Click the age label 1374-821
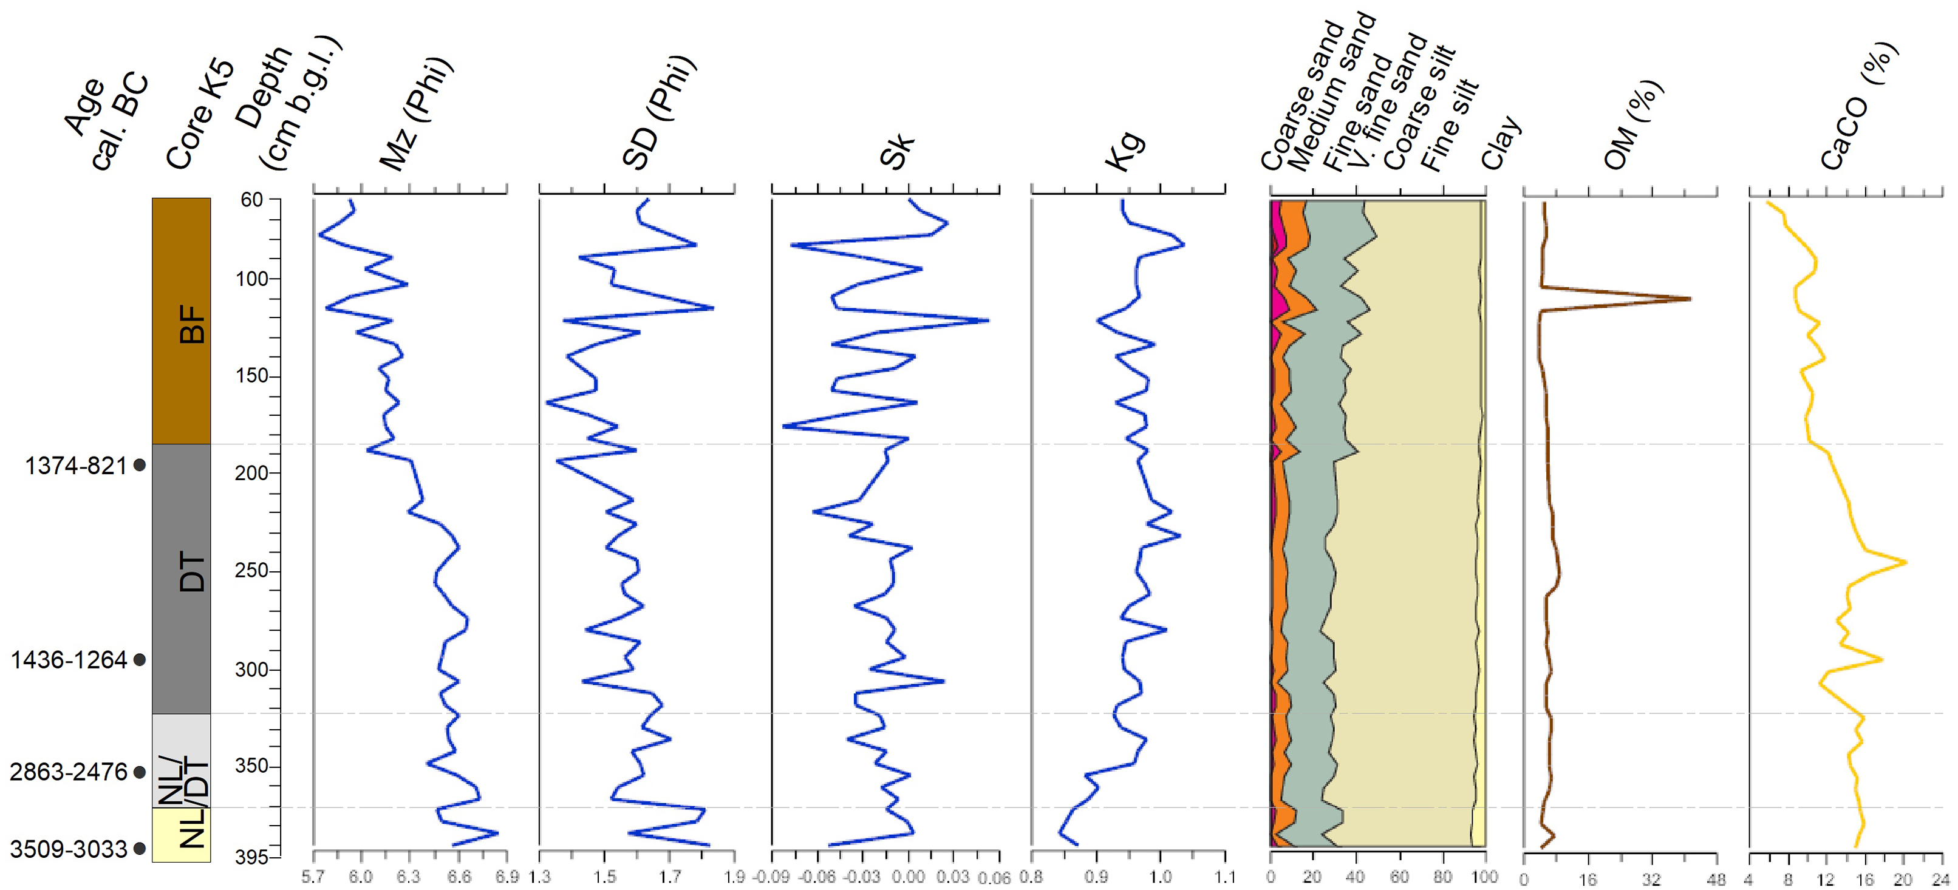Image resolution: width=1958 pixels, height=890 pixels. point(75,465)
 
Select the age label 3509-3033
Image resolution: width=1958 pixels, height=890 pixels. point(69,848)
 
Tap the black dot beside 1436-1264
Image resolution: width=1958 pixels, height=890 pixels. point(139,660)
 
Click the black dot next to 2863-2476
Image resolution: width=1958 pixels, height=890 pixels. point(139,772)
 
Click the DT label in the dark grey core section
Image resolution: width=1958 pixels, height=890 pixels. point(191,571)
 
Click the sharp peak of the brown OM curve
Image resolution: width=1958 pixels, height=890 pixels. point(1690,299)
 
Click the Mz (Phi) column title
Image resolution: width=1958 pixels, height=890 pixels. point(416,114)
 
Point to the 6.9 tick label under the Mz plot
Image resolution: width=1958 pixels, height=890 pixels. point(507,878)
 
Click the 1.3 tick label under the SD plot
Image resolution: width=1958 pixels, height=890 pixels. point(540,878)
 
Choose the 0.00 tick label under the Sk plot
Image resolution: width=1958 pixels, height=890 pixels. point(909,878)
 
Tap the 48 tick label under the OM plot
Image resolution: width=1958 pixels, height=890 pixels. point(1716,879)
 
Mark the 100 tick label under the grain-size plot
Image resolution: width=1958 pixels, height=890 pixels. point(1484,877)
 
